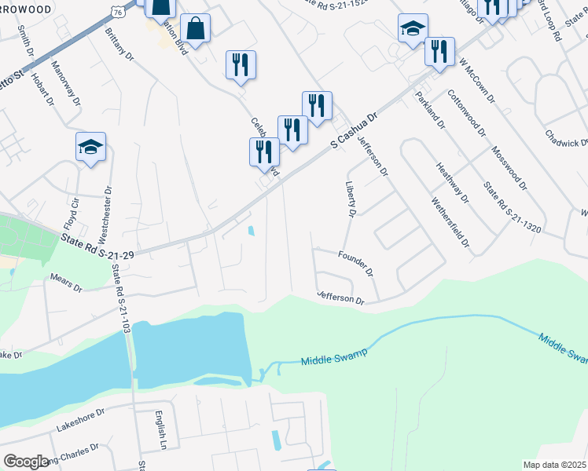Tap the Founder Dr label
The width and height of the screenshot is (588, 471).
point(355,262)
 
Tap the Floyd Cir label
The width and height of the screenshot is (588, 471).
point(72,211)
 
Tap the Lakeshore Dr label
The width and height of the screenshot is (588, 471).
point(80,421)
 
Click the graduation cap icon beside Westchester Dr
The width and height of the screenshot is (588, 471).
point(90,147)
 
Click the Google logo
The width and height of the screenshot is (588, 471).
point(26,462)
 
